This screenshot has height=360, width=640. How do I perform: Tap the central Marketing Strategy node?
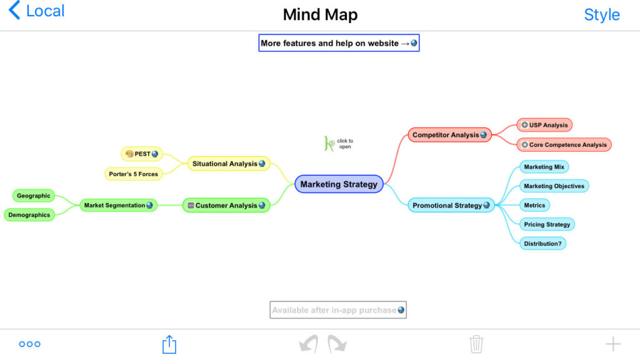(338, 184)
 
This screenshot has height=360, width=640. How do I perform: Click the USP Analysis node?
(544, 125)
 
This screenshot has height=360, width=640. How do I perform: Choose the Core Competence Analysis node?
(564, 145)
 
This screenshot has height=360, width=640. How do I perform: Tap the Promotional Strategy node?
(447, 205)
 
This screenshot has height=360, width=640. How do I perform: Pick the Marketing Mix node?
(544, 167)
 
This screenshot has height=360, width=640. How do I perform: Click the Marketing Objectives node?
(554, 186)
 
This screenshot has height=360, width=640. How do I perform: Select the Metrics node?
(534, 205)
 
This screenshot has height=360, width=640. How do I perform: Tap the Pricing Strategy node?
(547, 224)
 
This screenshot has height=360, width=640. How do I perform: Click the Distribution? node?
(542, 244)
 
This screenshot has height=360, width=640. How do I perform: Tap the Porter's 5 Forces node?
(134, 174)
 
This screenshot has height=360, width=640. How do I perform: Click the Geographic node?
(34, 196)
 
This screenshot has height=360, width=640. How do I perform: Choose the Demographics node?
(29, 215)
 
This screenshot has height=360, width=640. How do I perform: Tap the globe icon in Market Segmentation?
(150, 205)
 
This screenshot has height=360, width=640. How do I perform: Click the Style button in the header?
(601, 14)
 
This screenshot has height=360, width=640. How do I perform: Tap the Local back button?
(36, 11)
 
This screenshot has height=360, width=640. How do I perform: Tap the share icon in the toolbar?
(169, 344)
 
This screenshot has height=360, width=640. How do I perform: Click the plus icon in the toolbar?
(613, 344)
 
